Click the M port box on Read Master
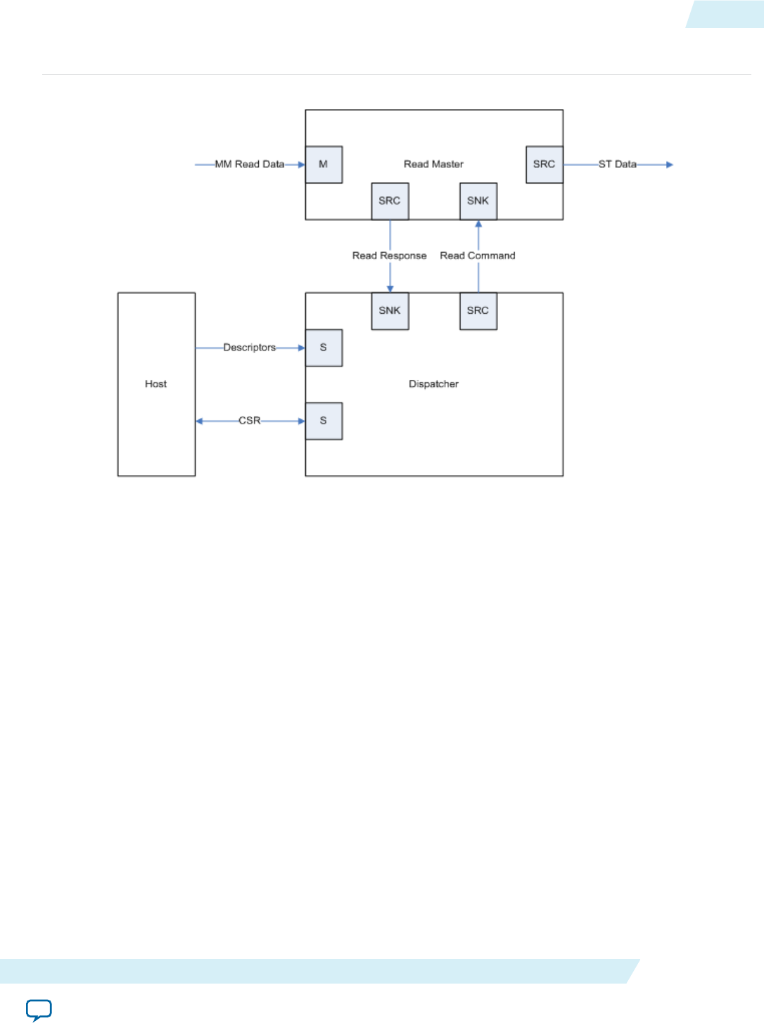[x=324, y=165]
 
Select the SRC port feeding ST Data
[x=545, y=165]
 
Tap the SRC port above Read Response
[x=390, y=201]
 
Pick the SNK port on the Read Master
[x=478, y=201]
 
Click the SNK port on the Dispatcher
[x=390, y=311]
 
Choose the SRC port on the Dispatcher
[x=478, y=311]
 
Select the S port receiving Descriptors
[x=324, y=348]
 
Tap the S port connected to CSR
[x=324, y=421]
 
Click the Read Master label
[x=433, y=165]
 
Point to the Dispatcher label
[x=433, y=384]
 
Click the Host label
[x=155, y=384]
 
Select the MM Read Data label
[x=250, y=165]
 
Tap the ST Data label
[x=617, y=165]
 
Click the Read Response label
[x=389, y=256]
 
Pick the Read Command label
[x=478, y=256]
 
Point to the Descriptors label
[x=249, y=348]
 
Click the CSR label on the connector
[x=249, y=421]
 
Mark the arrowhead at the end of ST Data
[x=670, y=165]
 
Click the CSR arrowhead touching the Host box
[x=199, y=421]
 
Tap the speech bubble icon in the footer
[x=39, y=1010]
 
